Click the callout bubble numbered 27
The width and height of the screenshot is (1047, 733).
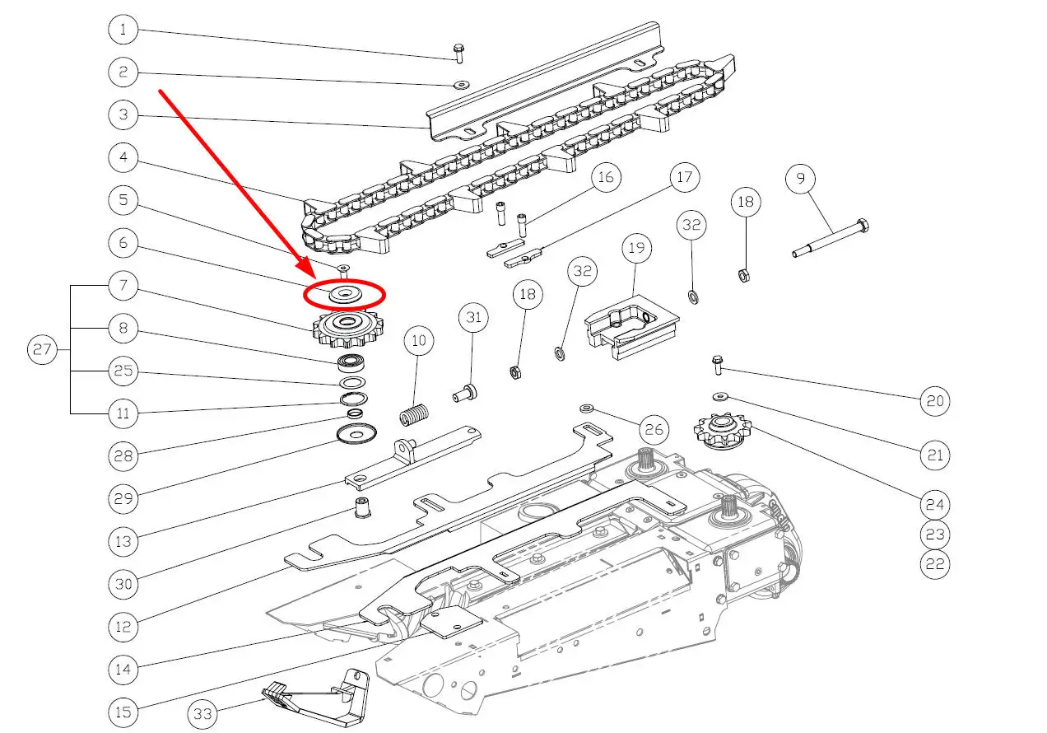(41, 350)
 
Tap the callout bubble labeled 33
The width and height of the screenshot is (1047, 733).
(203, 714)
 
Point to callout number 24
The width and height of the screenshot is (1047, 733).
(935, 505)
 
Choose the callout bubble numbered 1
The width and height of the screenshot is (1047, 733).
(123, 31)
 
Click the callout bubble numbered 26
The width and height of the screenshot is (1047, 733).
(653, 429)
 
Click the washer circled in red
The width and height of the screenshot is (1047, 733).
(344, 294)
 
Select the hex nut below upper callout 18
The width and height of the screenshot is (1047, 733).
(744, 276)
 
